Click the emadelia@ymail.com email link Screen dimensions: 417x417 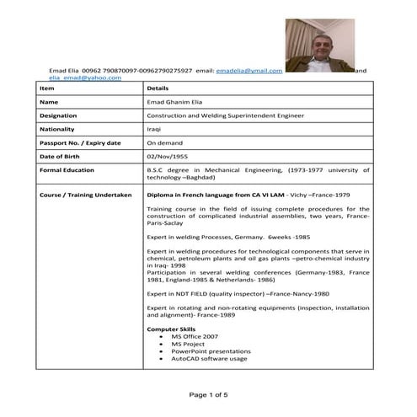(249, 71)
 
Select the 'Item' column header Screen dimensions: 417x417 (47, 88)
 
